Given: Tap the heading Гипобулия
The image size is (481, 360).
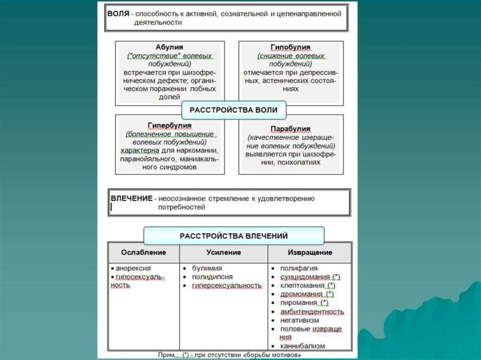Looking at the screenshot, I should tap(290, 48).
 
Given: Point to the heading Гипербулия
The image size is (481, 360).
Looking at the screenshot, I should tap(169, 126).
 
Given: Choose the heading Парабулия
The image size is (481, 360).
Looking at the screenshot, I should tap(290, 129).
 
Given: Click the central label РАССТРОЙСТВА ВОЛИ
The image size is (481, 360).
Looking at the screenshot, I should tap(233, 110).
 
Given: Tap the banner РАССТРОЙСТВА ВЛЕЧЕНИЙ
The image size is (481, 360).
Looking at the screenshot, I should tap(233, 236).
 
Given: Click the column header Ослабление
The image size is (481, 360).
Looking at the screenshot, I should tap(144, 253).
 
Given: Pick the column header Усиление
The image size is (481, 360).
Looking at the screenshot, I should tap(224, 253).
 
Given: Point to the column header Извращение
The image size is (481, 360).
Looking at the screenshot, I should tap(310, 253).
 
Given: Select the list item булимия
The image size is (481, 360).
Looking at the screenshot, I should tap(207, 268).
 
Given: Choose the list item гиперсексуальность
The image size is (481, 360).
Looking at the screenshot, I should tap(226, 285).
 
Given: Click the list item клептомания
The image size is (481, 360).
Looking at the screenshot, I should tap(302, 285).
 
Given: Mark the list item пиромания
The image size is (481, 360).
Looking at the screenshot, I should tap(299, 303).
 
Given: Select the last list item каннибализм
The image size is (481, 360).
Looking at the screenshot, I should tap(303, 346).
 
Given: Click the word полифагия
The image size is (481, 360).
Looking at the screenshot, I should tap(299, 268).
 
